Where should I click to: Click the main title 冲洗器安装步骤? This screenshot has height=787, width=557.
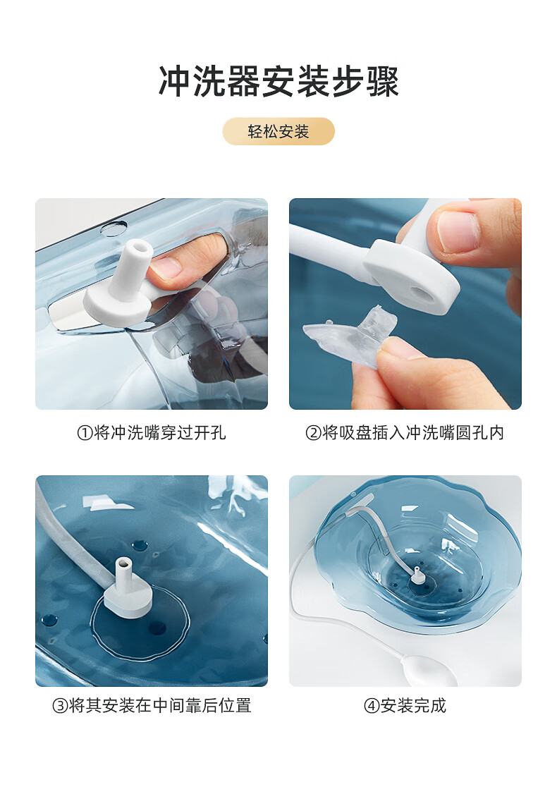(278, 81)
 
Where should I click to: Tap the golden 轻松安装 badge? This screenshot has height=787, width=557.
(278, 131)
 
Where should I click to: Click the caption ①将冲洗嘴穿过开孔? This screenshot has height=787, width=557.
(152, 433)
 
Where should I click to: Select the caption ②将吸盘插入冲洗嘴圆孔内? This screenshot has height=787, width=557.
(405, 433)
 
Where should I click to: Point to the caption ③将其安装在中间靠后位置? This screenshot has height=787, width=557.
(152, 706)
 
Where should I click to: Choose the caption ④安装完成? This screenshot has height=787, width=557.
(405, 706)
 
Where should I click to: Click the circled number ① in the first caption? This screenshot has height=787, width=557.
(85, 433)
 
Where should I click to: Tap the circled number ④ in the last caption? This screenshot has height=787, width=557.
(372, 706)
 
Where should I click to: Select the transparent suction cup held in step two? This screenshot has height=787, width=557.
(351, 334)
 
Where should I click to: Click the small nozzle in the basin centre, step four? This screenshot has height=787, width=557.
(417, 575)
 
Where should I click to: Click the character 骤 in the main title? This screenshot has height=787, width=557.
(382, 81)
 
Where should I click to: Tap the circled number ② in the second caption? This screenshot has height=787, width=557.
(314, 433)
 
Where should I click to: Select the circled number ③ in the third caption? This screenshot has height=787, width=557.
(60, 706)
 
